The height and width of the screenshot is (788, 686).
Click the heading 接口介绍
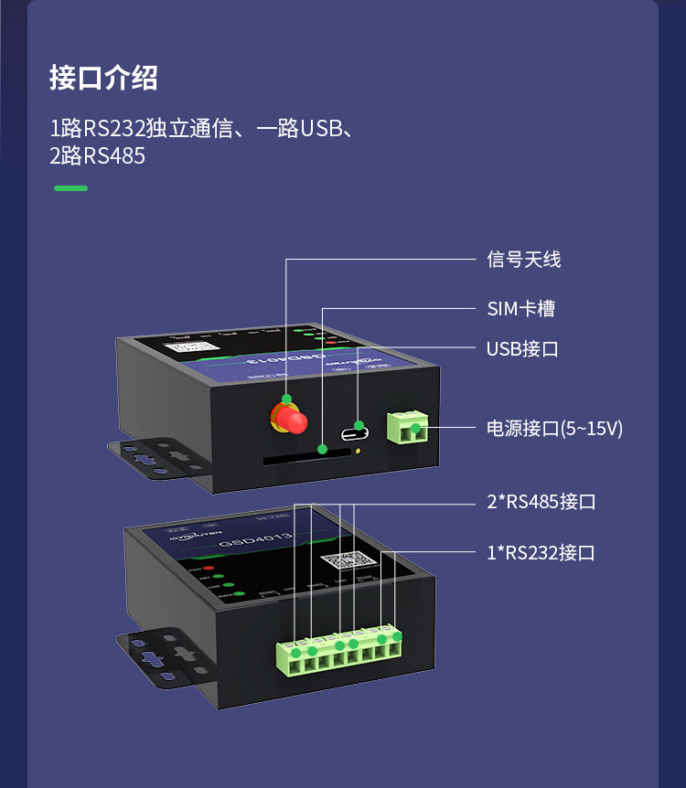pos(103,79)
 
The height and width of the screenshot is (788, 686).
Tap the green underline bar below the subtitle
pos(70,188)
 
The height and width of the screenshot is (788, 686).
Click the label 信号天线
pos(523,260)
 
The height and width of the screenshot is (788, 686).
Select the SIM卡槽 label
pos(520,309)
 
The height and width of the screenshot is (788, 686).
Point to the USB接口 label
pos(522,349)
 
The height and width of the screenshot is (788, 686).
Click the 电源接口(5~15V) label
pos(554,429)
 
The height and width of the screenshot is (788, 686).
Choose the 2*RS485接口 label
pos(541,502)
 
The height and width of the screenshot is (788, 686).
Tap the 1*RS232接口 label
pos(541,552)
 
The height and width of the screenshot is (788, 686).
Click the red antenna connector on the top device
pos(289,419)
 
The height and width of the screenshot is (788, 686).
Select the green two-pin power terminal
pos(409,428)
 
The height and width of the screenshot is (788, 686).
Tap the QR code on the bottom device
pos(348,562)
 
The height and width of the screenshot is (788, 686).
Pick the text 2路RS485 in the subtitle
pos(98,156)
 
